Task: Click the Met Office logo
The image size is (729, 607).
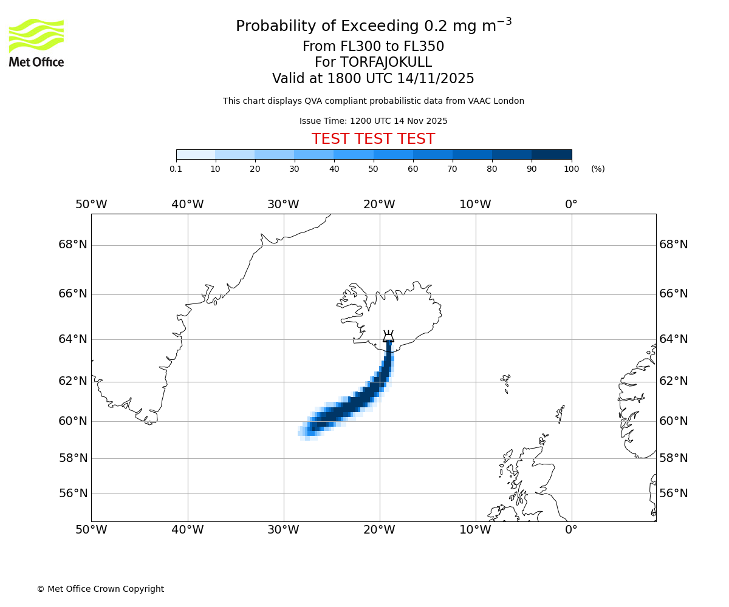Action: [36, 42]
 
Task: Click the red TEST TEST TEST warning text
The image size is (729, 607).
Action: [373, 139]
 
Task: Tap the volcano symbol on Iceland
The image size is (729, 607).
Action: [388, 336]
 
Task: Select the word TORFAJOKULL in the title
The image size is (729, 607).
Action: [386, 63]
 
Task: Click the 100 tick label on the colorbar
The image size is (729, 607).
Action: [571, 169]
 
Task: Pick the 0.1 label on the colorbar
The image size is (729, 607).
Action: [176, 169]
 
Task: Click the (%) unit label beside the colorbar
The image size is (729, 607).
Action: [598, 169]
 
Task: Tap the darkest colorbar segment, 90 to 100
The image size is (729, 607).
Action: [552, 154]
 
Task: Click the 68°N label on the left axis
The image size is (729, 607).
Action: [73, 245]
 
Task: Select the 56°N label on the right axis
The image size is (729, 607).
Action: [674, 493]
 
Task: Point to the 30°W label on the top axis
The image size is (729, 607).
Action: [283, 205]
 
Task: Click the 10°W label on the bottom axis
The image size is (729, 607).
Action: [475, 530]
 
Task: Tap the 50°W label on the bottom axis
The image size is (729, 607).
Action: [91, 530]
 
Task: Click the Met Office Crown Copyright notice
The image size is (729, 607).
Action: [100, 589]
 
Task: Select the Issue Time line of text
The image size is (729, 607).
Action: [373, 121]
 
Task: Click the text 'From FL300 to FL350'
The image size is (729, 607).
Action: [373, 47]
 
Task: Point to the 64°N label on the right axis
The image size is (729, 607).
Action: [674, 339]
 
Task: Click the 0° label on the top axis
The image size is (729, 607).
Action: [571, 205]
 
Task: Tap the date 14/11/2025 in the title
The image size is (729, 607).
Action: [436, 79]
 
